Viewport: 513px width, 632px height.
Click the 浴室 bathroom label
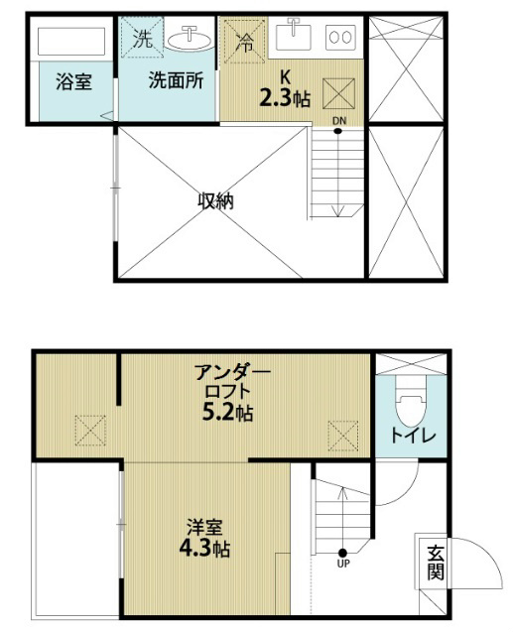click(x=73, y=81)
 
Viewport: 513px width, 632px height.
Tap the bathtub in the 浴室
click(x=71, y=41)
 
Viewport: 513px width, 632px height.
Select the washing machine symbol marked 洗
click(x=142, y=38)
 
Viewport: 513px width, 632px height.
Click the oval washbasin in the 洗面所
click(x=190, y=40)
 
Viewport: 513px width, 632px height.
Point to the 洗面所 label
click(x=176, y=80)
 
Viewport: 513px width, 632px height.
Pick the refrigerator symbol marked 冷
click(x=244, y=42)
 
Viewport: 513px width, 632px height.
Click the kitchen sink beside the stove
click(x=294, y=36)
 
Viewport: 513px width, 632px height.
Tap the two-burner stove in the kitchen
click(x=341, y=38)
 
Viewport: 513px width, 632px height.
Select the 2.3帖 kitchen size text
click(x=285, y=98)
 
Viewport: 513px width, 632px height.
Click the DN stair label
click(x=339, y=120)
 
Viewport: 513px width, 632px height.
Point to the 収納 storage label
click(x=216, y=201)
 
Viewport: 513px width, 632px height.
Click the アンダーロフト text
click(x=232, y=382)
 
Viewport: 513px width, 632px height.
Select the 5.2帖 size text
click(x=227, y=412)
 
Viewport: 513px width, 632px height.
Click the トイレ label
click(x=414, y=436)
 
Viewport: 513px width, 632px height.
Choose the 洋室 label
click(x=204, y=528)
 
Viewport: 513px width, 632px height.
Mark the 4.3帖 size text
click(x=204, y=548)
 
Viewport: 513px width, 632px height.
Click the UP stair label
click(x=343, y=564)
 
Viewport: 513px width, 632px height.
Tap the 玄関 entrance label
click(x=436, y=562)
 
